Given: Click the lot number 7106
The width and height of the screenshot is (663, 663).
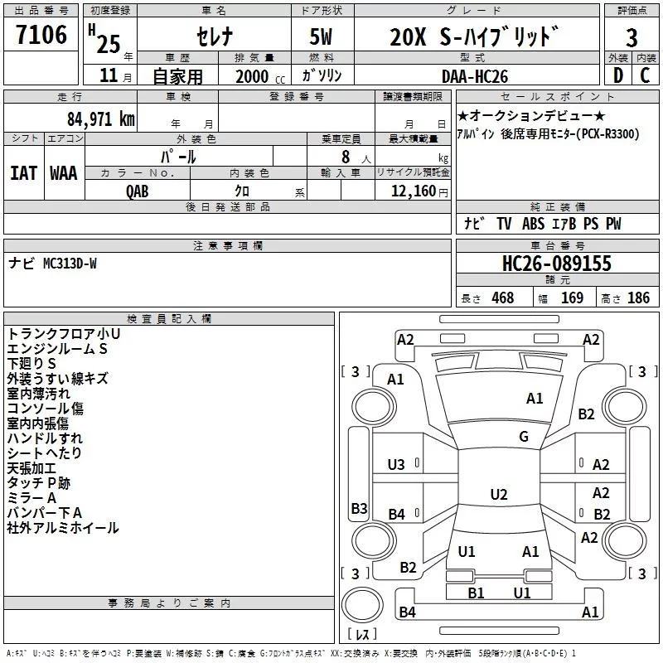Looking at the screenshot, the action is [41, 36].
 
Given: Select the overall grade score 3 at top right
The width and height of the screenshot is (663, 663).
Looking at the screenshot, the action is [632, 37].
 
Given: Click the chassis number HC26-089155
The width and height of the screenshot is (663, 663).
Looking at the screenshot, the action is [557, 264].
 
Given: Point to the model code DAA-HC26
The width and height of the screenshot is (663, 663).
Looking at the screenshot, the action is [474, 76].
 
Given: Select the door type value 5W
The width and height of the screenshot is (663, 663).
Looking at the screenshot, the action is [322, 37].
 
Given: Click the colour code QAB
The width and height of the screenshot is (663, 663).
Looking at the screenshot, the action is [138, 191].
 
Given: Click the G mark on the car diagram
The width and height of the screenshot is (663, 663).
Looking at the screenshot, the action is [524, 437].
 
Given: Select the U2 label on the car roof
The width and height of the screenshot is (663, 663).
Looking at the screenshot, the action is [498, 495].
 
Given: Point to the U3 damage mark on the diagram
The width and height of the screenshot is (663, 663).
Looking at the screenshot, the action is [397, 465].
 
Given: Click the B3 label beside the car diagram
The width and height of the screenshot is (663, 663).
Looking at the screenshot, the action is [359, 508].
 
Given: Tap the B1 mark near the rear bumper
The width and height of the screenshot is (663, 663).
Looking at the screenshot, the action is [476, 593].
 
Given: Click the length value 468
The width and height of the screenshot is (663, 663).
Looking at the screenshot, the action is [501, 298].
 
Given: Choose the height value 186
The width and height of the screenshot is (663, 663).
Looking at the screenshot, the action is [638, 298].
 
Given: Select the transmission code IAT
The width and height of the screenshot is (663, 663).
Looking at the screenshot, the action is [23, 172].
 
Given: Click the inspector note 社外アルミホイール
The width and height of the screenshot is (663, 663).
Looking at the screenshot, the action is [63, 528].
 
